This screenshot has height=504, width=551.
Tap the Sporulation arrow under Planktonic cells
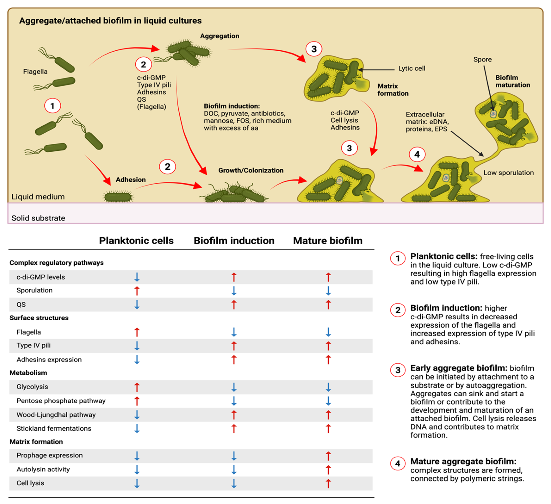137,291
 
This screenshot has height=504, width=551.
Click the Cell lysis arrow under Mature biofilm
328,483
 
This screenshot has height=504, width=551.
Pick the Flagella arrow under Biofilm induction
234,332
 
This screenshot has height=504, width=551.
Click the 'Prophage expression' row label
50,455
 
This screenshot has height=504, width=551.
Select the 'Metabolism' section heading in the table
28,373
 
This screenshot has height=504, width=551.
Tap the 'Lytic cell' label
412,68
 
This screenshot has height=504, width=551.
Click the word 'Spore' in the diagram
482,59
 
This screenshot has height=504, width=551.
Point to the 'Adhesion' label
131,180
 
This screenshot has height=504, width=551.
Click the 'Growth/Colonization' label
251,170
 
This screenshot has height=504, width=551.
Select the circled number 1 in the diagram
53,106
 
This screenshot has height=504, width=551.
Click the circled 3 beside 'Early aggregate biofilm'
398,370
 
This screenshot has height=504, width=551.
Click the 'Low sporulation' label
508,173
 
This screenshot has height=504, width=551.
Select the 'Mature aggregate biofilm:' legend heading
463,461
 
